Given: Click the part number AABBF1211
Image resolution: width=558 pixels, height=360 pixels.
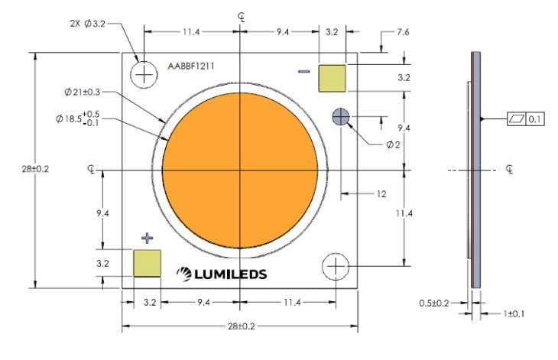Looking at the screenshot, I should (190, 66).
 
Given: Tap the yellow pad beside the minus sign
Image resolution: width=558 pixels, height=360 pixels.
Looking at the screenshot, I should (332, 78).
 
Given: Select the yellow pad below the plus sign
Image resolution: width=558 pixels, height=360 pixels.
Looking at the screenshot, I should (147, 263).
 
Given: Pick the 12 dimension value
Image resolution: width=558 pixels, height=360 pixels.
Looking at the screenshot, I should (380, 194).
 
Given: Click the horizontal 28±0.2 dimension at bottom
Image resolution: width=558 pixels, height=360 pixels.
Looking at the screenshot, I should (239, 327).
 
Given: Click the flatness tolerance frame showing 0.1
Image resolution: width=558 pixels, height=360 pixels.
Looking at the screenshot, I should (526, 119).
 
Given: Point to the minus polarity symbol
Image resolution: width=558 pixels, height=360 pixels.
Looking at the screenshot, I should (303, 73).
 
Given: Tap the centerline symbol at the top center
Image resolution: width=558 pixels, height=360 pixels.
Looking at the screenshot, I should (242, 15).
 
